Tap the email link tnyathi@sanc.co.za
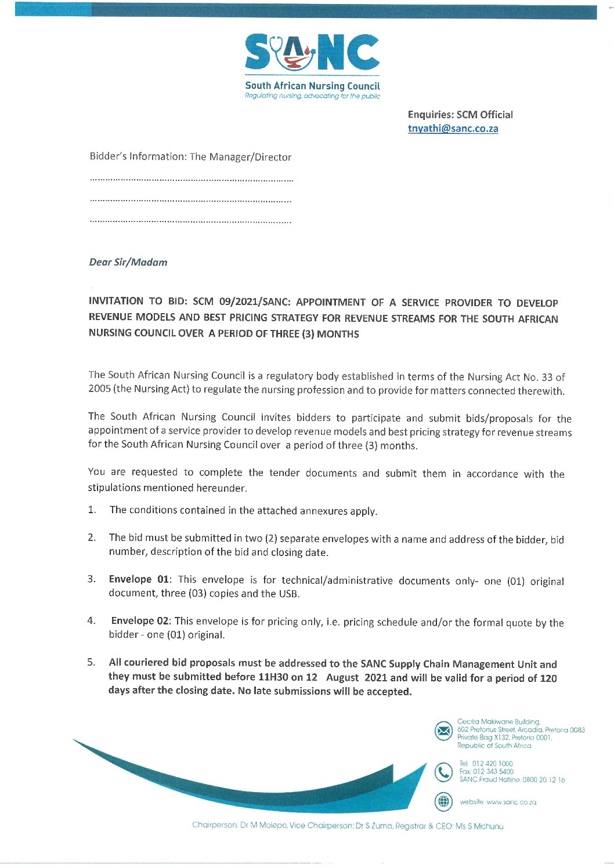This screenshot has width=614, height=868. point(453,129)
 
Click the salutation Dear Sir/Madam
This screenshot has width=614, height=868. point(128,262)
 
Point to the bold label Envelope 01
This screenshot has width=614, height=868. point(139,579)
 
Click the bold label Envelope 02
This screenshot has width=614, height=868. point(140,621)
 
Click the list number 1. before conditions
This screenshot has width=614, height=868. point(92,510)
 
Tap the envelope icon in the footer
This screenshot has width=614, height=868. point(443,731)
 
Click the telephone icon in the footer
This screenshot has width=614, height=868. point(443,772)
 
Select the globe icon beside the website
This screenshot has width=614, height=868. point(443,802)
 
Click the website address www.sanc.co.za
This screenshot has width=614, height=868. point(511,802)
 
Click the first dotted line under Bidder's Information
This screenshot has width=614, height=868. point(192,180)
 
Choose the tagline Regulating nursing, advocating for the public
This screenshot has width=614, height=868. point(312,96)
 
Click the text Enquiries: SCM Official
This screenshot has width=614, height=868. point(460,115)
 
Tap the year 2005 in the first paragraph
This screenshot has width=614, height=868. point(99,389)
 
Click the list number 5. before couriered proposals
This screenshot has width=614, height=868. point(91,662)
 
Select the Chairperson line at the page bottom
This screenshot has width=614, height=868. point(348,826)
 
